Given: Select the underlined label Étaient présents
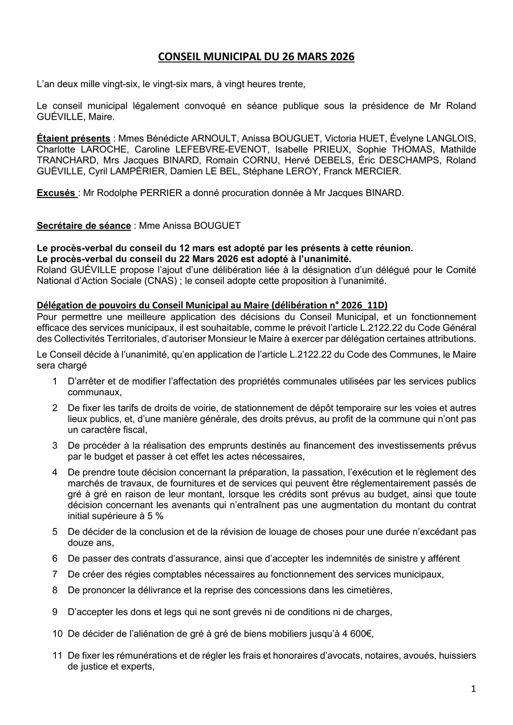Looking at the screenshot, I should coord(74,138).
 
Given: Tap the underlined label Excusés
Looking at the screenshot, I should coord(56,192).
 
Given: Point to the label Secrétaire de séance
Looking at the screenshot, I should coord(84,226).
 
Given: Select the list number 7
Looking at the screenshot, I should coord(55,574).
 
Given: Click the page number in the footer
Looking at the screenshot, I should coord(473,689).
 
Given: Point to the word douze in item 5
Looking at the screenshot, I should coord(80,543).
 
